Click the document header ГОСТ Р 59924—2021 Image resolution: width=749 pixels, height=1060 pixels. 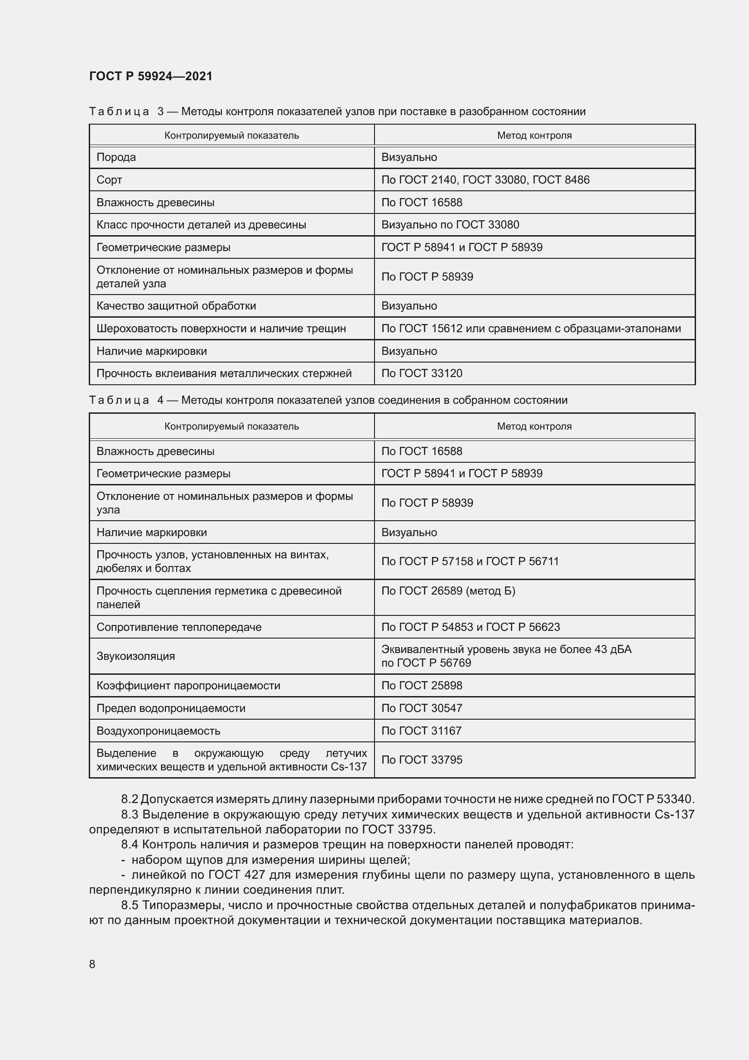151,76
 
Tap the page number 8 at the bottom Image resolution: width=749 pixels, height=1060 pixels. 92,964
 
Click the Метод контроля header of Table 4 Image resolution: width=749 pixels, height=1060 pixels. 534,426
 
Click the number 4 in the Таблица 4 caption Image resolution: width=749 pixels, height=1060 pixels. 160,400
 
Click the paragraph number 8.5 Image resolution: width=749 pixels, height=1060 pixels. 130,905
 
